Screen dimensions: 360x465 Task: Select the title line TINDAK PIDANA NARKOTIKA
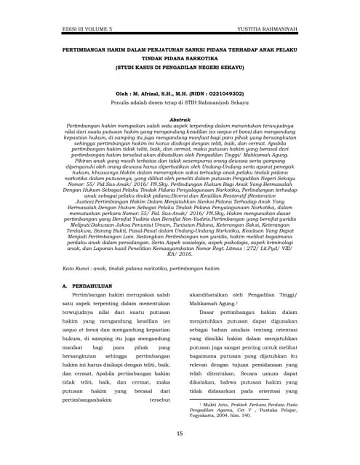point(179,57)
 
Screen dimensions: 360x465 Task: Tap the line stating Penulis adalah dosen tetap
point(179,104)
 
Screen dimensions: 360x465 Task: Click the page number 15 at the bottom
point(180,434)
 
